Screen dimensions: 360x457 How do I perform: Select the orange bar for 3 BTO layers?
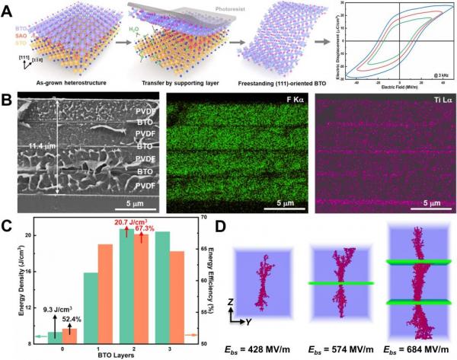[x=176, y=297]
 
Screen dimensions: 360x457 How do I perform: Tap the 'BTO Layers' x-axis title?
[x=116, y=355]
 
